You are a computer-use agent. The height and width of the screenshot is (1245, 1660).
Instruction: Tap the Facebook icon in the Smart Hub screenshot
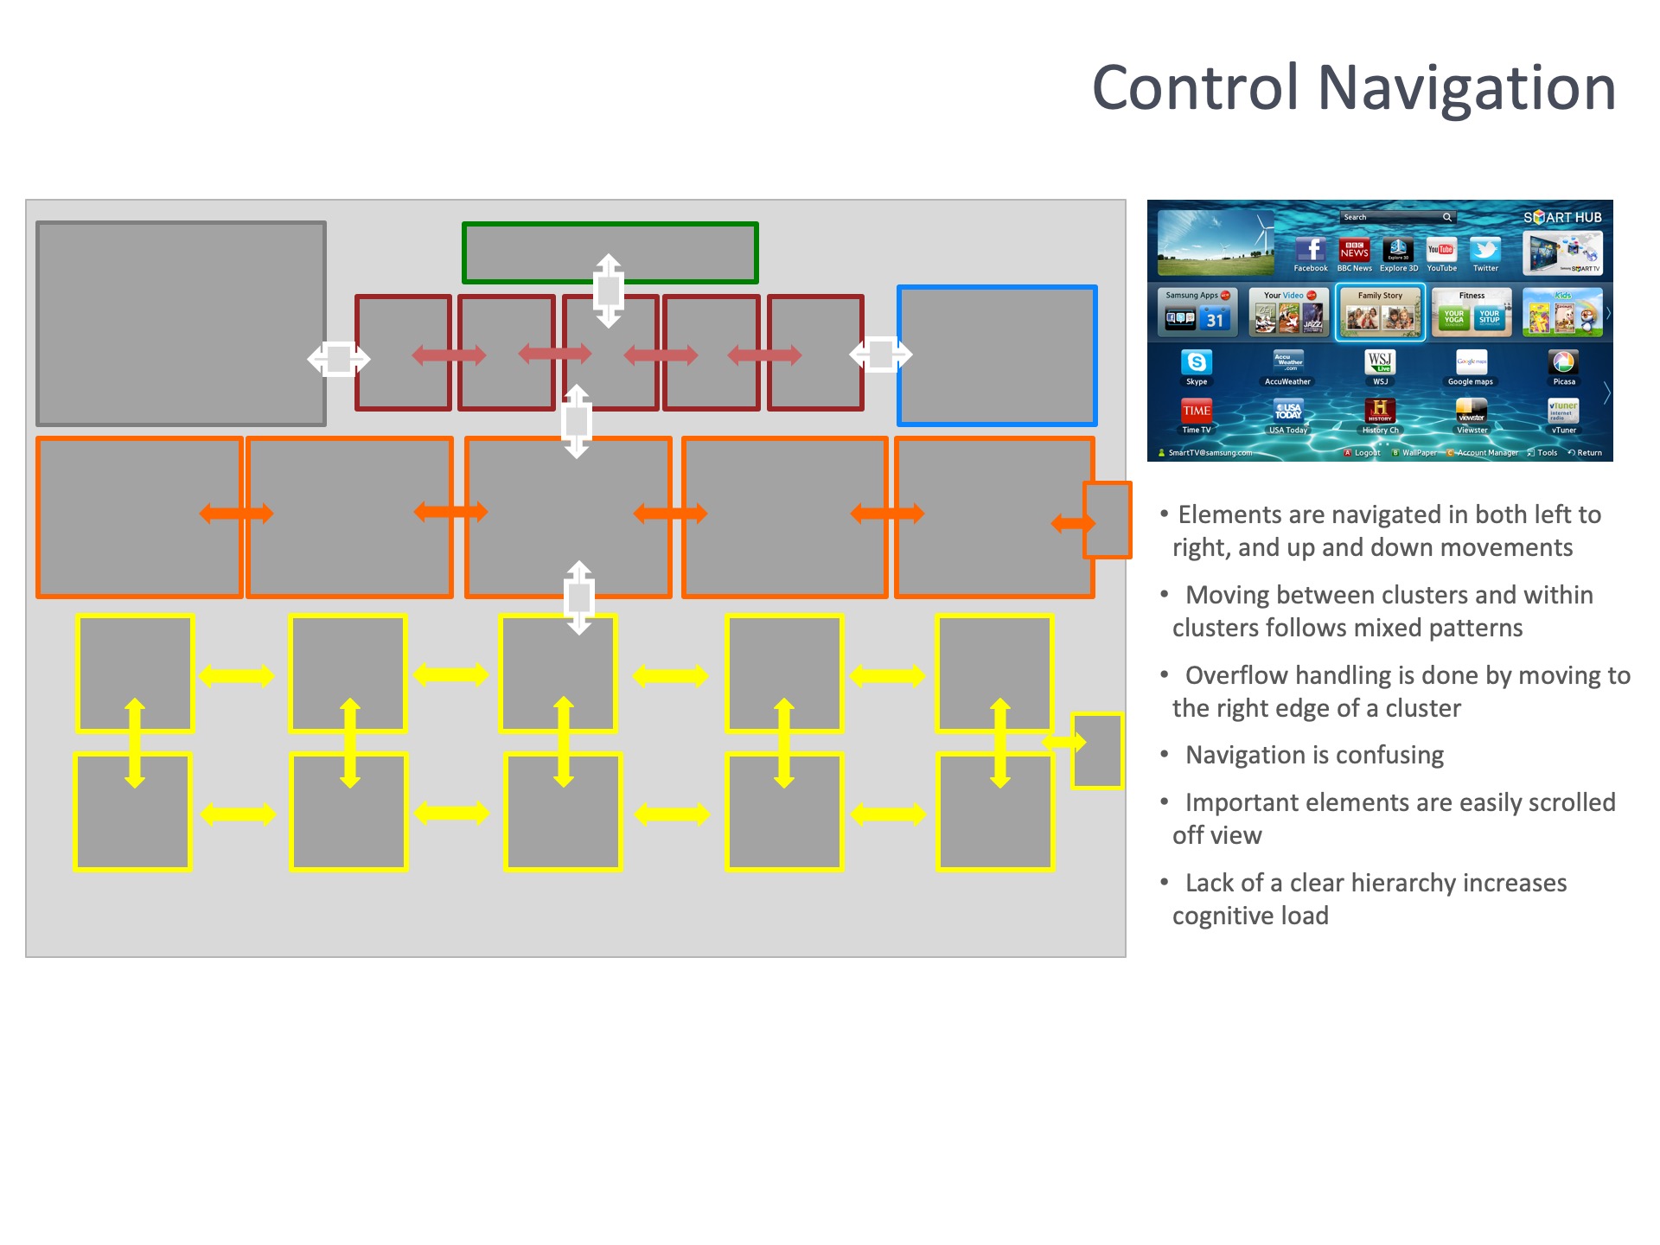pos(1311,250)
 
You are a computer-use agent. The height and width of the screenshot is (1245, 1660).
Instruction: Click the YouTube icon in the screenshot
pos(1441,250)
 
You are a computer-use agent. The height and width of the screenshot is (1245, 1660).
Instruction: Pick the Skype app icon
pos(1197,362)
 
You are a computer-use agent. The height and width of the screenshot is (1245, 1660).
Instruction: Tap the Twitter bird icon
pos(1485,250)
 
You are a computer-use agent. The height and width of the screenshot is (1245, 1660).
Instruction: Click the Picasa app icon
pos(1563,362)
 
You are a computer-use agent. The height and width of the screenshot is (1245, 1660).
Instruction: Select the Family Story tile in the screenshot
pos(1380,313)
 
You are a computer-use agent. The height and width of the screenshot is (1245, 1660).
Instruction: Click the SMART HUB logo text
pos(1562,218)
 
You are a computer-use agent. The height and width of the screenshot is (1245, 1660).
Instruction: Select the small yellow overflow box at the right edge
pos(1098,750)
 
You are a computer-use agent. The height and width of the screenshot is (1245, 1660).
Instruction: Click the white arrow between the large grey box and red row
pos(338,358)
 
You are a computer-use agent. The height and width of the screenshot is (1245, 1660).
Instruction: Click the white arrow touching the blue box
pos(881,354)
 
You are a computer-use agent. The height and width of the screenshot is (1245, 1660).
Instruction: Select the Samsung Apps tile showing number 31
pos(1197,313)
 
